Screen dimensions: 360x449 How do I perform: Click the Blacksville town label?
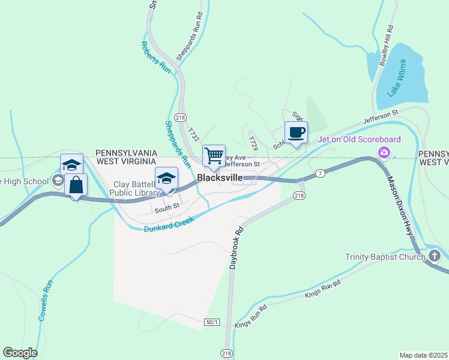tap(220, 178)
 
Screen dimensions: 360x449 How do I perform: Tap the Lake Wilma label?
tap(397, 78)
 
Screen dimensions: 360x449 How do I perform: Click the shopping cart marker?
tap(214, 156)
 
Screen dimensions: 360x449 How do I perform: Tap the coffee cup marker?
tap(296, 133)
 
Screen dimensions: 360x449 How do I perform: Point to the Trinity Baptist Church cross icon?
tap(435, 257)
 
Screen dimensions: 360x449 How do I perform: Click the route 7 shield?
tap(321, 173)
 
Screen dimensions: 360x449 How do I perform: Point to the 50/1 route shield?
tap(212, 322)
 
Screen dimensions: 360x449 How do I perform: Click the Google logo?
tap(20, 352)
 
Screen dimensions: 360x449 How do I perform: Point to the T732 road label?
tap(193, 134)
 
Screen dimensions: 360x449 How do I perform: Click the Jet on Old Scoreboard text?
tap(359, 140)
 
